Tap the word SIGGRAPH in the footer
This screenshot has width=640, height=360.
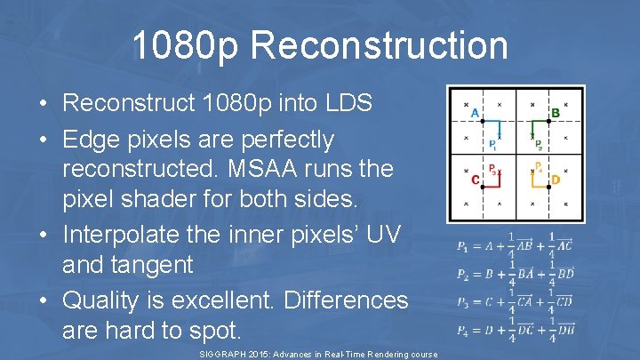pos(225,355)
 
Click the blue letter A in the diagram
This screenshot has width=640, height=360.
pos(475,114)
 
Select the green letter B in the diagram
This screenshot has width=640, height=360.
pos(556,113)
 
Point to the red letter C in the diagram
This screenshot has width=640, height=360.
pos(476,180)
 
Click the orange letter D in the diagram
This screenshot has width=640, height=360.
pos(556,180)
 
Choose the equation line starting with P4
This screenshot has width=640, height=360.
pos(516,330)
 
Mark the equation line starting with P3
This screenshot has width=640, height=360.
pos(516,302)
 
